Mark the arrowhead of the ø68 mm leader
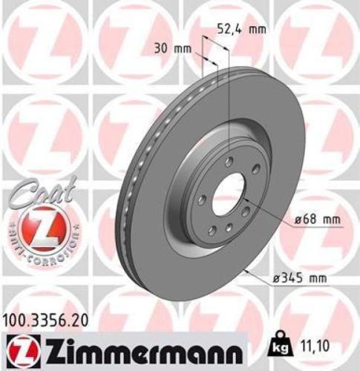click(246, 200)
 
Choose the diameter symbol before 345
click(269, 278)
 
